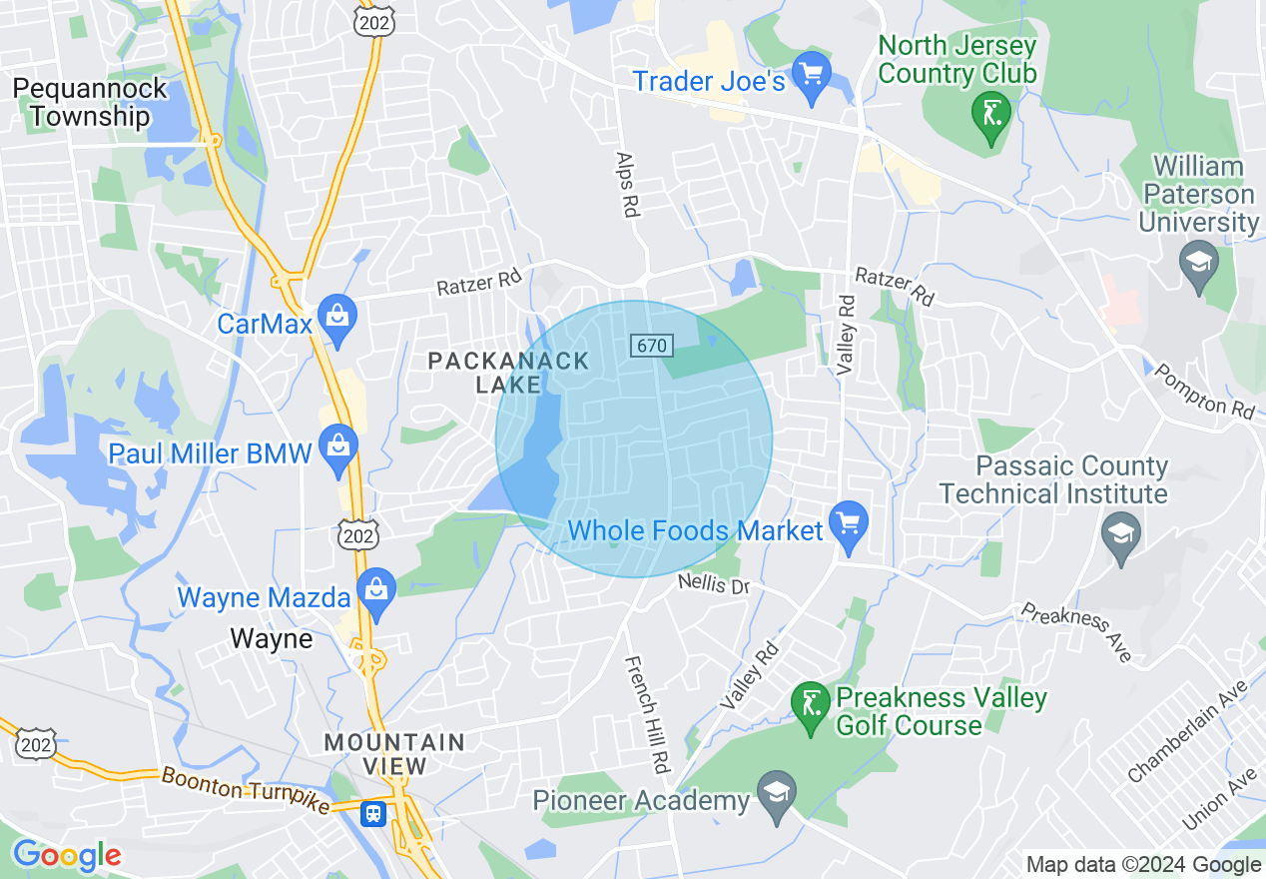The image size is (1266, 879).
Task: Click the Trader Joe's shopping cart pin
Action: [812, 75]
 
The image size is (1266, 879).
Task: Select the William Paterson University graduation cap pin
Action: [1196, 264]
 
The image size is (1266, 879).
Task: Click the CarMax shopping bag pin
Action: [338, 318]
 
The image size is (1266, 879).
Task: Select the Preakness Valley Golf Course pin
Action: [811, 705]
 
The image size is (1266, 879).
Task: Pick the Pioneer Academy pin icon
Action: [776, 794]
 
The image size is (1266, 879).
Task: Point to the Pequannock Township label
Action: [90, 102]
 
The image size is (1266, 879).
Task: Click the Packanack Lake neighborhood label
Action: [508, 373]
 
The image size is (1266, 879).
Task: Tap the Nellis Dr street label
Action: [713, 583]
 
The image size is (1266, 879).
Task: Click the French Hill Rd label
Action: [646, 714]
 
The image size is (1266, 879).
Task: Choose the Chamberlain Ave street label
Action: [1188, 731]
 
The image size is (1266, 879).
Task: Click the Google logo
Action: [66, 855]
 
